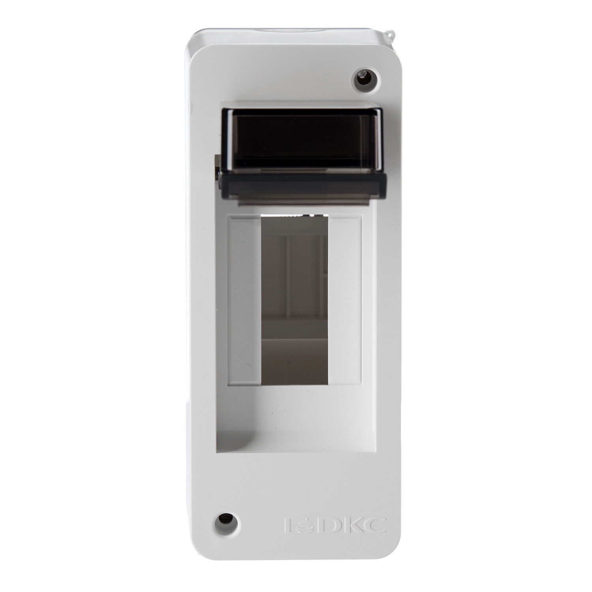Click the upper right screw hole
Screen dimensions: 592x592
[x=362, y=77]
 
